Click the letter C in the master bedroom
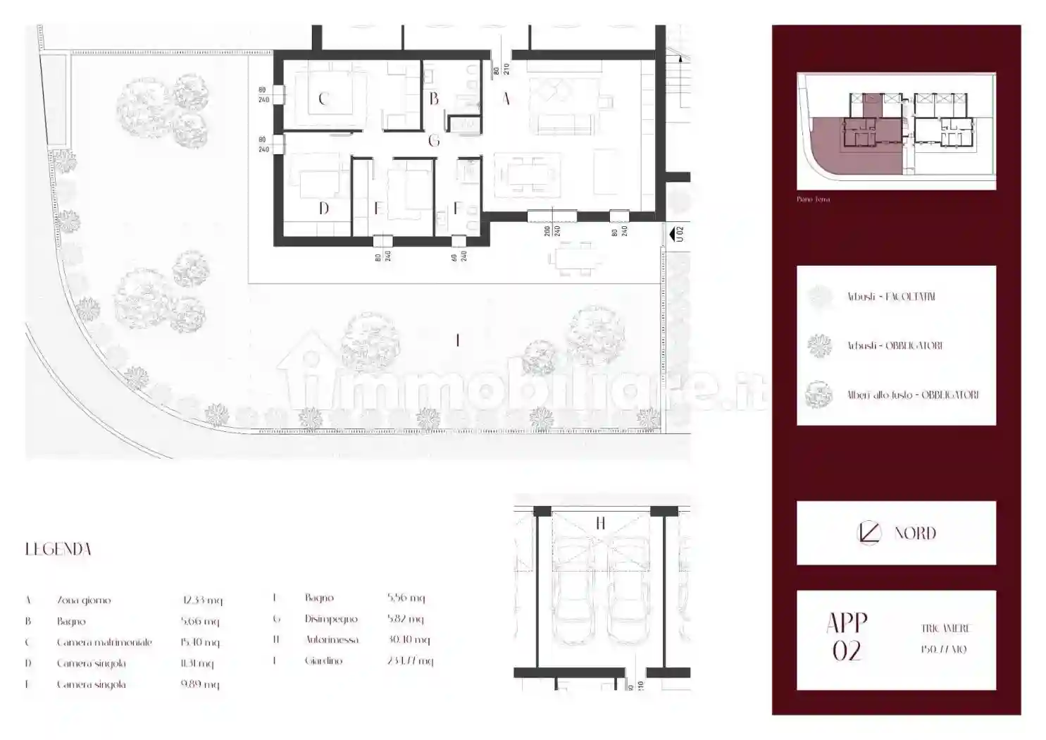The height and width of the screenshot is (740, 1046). (323, 99)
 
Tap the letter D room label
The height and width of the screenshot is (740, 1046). (323, 209)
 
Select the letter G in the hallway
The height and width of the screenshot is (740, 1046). (434, 141)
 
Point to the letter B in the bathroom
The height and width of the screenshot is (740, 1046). (434, 99)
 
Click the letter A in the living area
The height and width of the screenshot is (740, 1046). (506, 99)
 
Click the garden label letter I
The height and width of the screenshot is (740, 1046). (458, 340)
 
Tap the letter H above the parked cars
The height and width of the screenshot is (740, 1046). (600, 523)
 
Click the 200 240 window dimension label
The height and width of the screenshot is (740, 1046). (552, 231)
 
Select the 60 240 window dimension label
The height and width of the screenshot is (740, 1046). (459, 256)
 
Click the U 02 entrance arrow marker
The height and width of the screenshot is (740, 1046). (678, 233)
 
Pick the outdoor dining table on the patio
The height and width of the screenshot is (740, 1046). (575, 258)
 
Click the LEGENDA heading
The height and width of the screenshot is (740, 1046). (58, 549)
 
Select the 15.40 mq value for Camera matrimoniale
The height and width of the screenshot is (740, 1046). (200, 643)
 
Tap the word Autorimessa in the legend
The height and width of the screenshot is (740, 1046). (332, 640)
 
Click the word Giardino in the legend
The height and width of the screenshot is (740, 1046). (323, 661)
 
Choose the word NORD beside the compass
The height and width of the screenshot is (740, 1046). (915, 534)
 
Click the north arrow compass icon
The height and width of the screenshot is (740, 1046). (869, 533)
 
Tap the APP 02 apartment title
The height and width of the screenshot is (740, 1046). (847, 637)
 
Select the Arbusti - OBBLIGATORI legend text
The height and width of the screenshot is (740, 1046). (895, 346)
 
